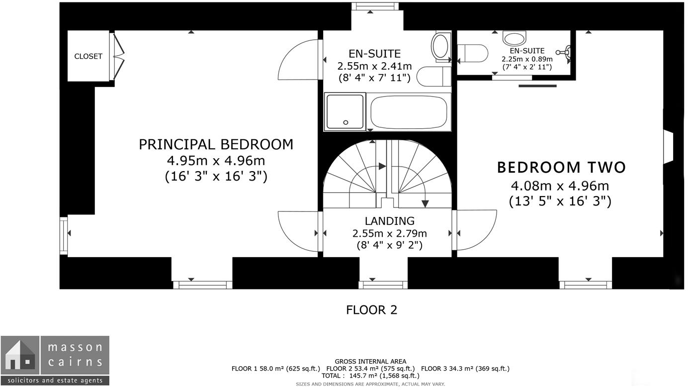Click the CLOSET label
[x=88, y=56]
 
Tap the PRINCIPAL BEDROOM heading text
[x=216, y=144]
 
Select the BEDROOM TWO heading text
[x=561, y=168]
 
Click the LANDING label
[x=389, y=221]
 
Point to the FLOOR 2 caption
[x=371, y=310]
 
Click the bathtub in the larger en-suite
[x=410, y=112]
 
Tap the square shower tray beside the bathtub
[x=345, y=112]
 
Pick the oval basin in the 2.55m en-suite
[x=440, y=46]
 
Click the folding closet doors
[x=118, y=56]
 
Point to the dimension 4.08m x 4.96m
[x=560, y=186]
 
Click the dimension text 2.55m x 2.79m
[x=389, y=233]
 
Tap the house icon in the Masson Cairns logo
[x=19, y=355]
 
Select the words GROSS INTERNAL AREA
[x=370, y=362]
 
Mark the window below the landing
[x=383, y=285]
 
